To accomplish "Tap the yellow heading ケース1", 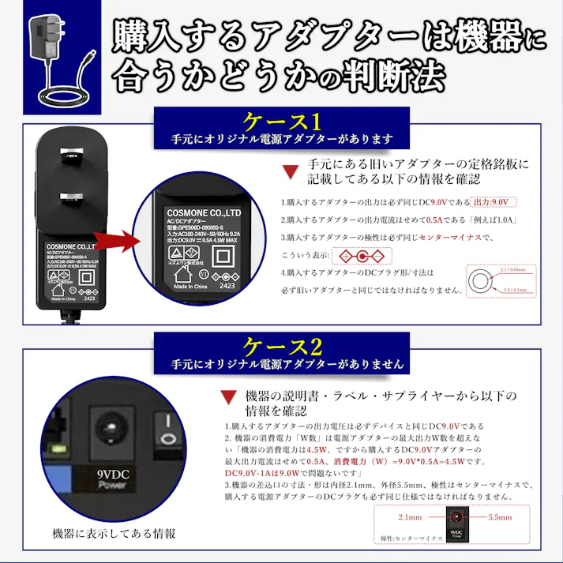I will pos(282,122).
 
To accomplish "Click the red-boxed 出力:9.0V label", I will pos(490,201).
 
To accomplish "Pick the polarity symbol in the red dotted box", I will pos(361,256).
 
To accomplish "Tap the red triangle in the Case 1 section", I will pos(290,171).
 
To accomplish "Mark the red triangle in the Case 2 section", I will pos(228,396).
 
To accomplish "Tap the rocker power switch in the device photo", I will pos(167,431).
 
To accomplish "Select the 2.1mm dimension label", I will pos(411,518).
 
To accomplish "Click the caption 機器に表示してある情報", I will pos(114,533).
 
